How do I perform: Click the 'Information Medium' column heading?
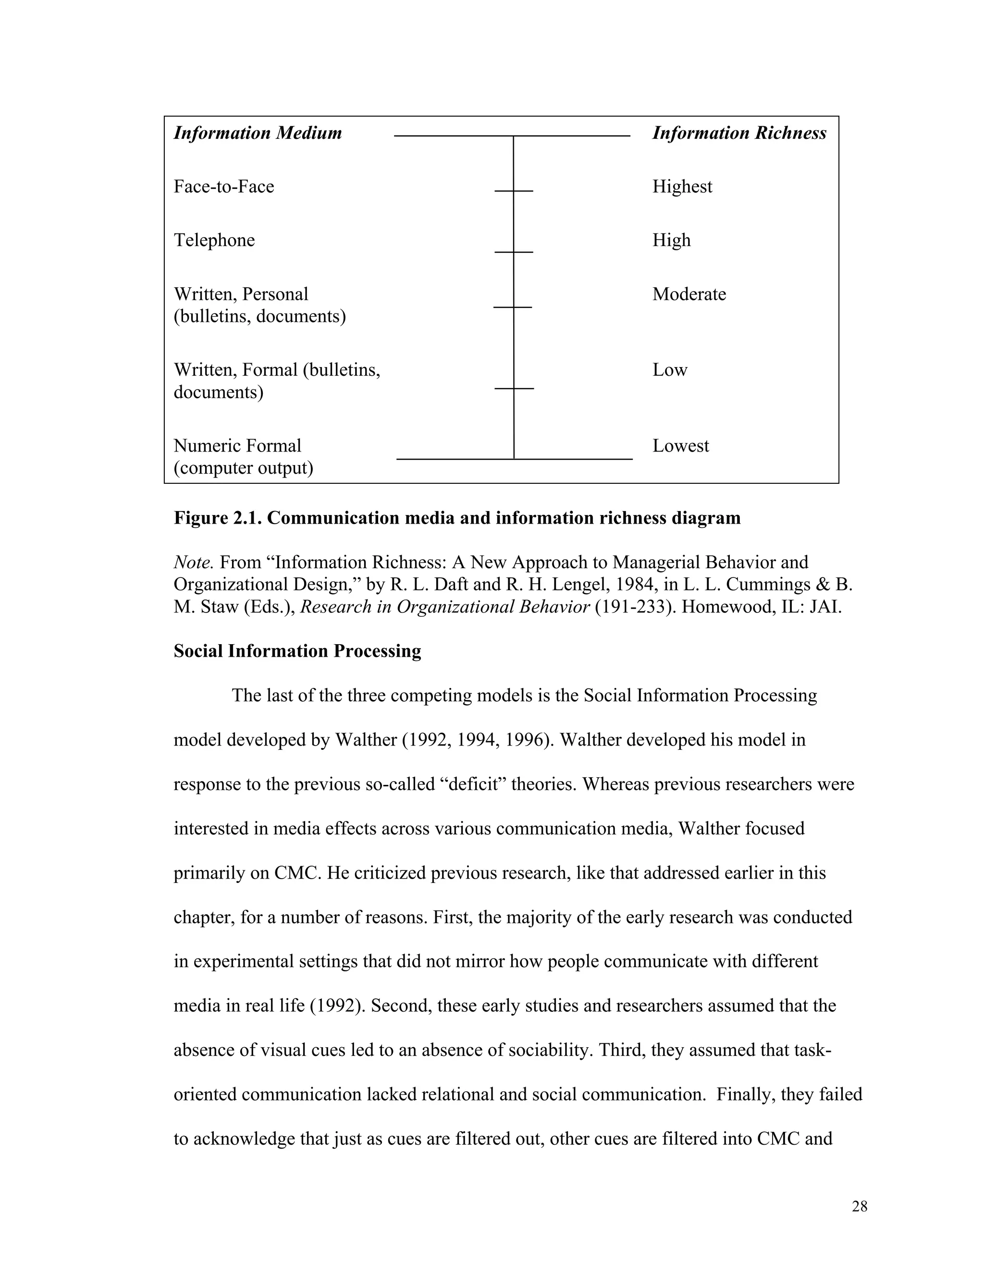(258, 133)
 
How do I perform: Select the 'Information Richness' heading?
(738, 133)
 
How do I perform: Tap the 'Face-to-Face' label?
(224, 186)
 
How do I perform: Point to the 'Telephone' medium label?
(214, 240)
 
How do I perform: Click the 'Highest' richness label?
(682, 186)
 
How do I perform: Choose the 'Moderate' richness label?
(689, 294)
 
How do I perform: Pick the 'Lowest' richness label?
(680, 446)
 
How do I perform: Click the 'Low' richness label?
(670, 369)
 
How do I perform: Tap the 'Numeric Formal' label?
(237, 446)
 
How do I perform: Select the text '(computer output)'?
(243, 468)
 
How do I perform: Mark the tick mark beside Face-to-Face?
(514, 191)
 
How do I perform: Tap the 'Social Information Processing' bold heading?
(297, 651)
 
